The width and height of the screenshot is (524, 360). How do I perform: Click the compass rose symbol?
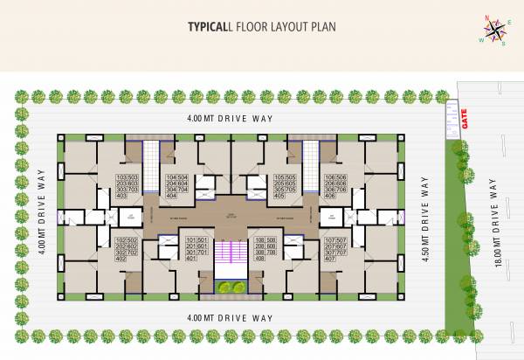click(x=495, y=31)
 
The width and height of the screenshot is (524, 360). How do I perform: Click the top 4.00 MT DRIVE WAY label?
click(x=230, y=117)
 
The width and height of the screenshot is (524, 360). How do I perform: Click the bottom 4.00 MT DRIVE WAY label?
click(x=230, y=318)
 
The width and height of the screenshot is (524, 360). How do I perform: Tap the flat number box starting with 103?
click(x=128, y=186)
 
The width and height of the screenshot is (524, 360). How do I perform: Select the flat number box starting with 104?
click(x=177, y=186)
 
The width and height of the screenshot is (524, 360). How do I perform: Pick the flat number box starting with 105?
click(x=284, y=186)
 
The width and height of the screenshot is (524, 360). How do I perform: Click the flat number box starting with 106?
click(x=335, y=186)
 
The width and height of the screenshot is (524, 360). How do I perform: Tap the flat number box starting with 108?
click(x=265, y=249)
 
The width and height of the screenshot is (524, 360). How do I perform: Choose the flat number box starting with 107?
click(x=335, y=249)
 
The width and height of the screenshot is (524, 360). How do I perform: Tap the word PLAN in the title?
click(x=322, y=26)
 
